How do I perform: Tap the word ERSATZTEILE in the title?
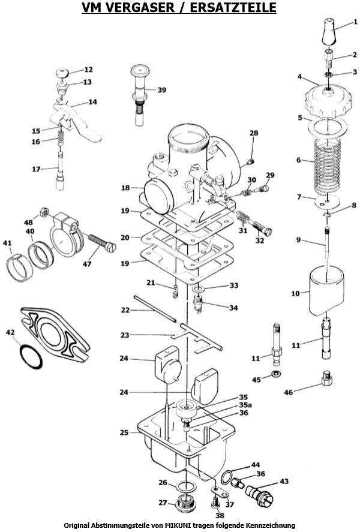pos(233,7)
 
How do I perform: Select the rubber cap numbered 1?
pos(329,31)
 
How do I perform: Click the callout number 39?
pos(162,90)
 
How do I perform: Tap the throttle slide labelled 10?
pos(327,291)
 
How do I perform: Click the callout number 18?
pos(125,188)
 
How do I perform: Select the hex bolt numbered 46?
pos(326,378)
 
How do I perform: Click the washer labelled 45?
pos(277,375)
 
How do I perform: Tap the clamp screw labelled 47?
pos(102,242)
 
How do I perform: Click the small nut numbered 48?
pos(43,212)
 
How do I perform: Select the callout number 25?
pos(124,432)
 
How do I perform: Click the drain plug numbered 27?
pos(185,501)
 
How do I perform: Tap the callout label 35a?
pos(245,405)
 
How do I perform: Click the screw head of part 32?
pos(268,232)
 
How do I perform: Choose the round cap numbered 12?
pos(62,72)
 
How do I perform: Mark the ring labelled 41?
pos(20,269)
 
